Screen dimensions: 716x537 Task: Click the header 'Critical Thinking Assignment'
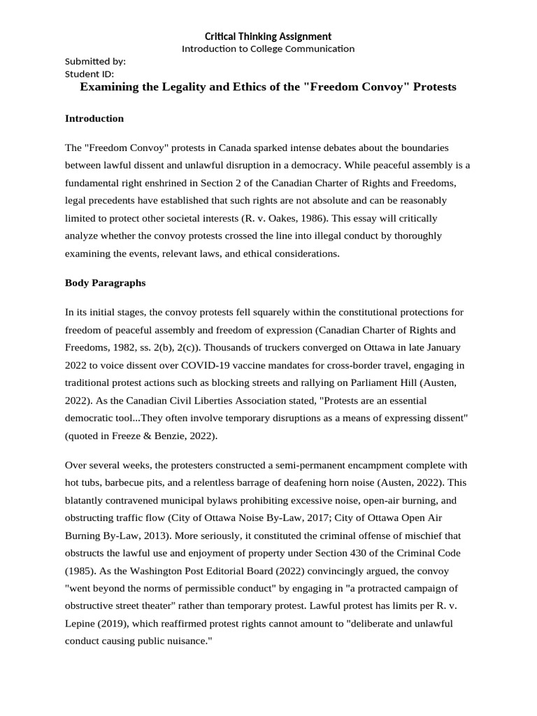tap(268, 36)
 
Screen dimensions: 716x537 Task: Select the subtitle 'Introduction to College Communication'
tap(268, 49)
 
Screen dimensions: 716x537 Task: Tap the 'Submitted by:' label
tap(95, 61)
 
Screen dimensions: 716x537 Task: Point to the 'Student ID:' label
tap(89, 73)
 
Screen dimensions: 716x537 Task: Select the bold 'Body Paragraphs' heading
tap(105, 283)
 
